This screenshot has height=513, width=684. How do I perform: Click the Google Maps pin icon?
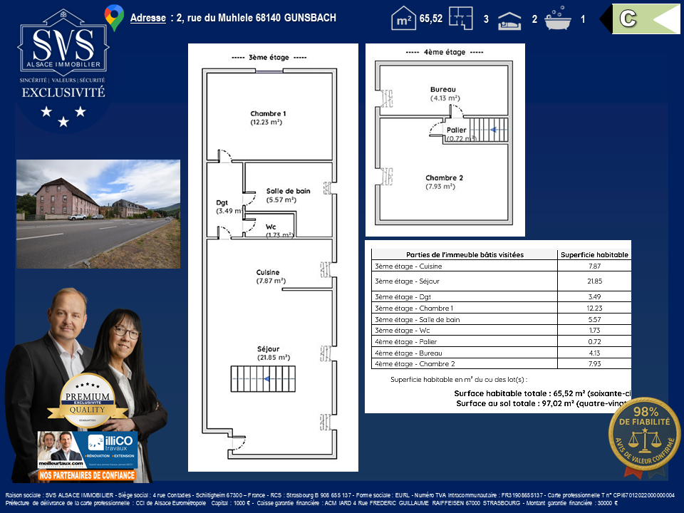114,17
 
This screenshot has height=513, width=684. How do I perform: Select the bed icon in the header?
509,19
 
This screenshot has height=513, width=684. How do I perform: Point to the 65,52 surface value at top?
430,19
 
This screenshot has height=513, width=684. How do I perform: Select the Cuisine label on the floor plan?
268,272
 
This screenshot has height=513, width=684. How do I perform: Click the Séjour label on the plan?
268,349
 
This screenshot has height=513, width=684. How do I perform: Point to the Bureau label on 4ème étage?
442,90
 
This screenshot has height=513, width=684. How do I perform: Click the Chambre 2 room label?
445,178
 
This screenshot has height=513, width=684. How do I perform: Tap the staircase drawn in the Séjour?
262,378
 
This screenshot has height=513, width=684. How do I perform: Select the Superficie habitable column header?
594,254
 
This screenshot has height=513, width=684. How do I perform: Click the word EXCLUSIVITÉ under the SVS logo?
63,93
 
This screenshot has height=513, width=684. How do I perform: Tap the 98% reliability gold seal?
644,436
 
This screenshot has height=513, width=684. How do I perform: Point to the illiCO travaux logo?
111,447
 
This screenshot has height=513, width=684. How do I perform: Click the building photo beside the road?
98,214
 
